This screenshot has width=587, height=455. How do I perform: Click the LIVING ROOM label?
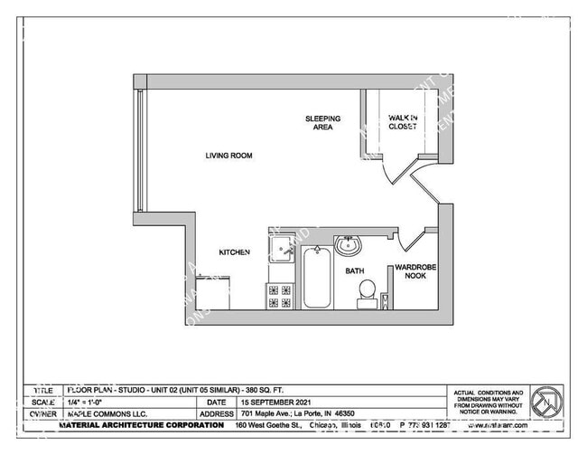[x=228, y=156]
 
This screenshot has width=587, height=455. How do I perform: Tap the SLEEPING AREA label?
[x=322, y=122]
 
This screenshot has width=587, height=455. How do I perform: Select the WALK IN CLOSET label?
[x=402, y=122]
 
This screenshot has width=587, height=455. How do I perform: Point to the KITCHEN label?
[x=235, y=252]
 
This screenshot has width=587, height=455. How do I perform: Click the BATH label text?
[x=354, y=270]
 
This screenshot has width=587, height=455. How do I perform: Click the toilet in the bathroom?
[x=367, y=292]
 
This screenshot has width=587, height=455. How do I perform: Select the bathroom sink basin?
[x=348, y=245]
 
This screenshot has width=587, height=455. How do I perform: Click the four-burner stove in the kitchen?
[x=279, y=296]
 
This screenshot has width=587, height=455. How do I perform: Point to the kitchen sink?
[x=282, y=247]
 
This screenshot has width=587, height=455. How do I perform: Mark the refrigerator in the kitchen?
[x=213, y=294]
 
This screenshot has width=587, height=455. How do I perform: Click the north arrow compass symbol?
[x=545, y=401]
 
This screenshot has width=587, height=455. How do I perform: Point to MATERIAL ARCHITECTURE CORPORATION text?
[x=141, y=424]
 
